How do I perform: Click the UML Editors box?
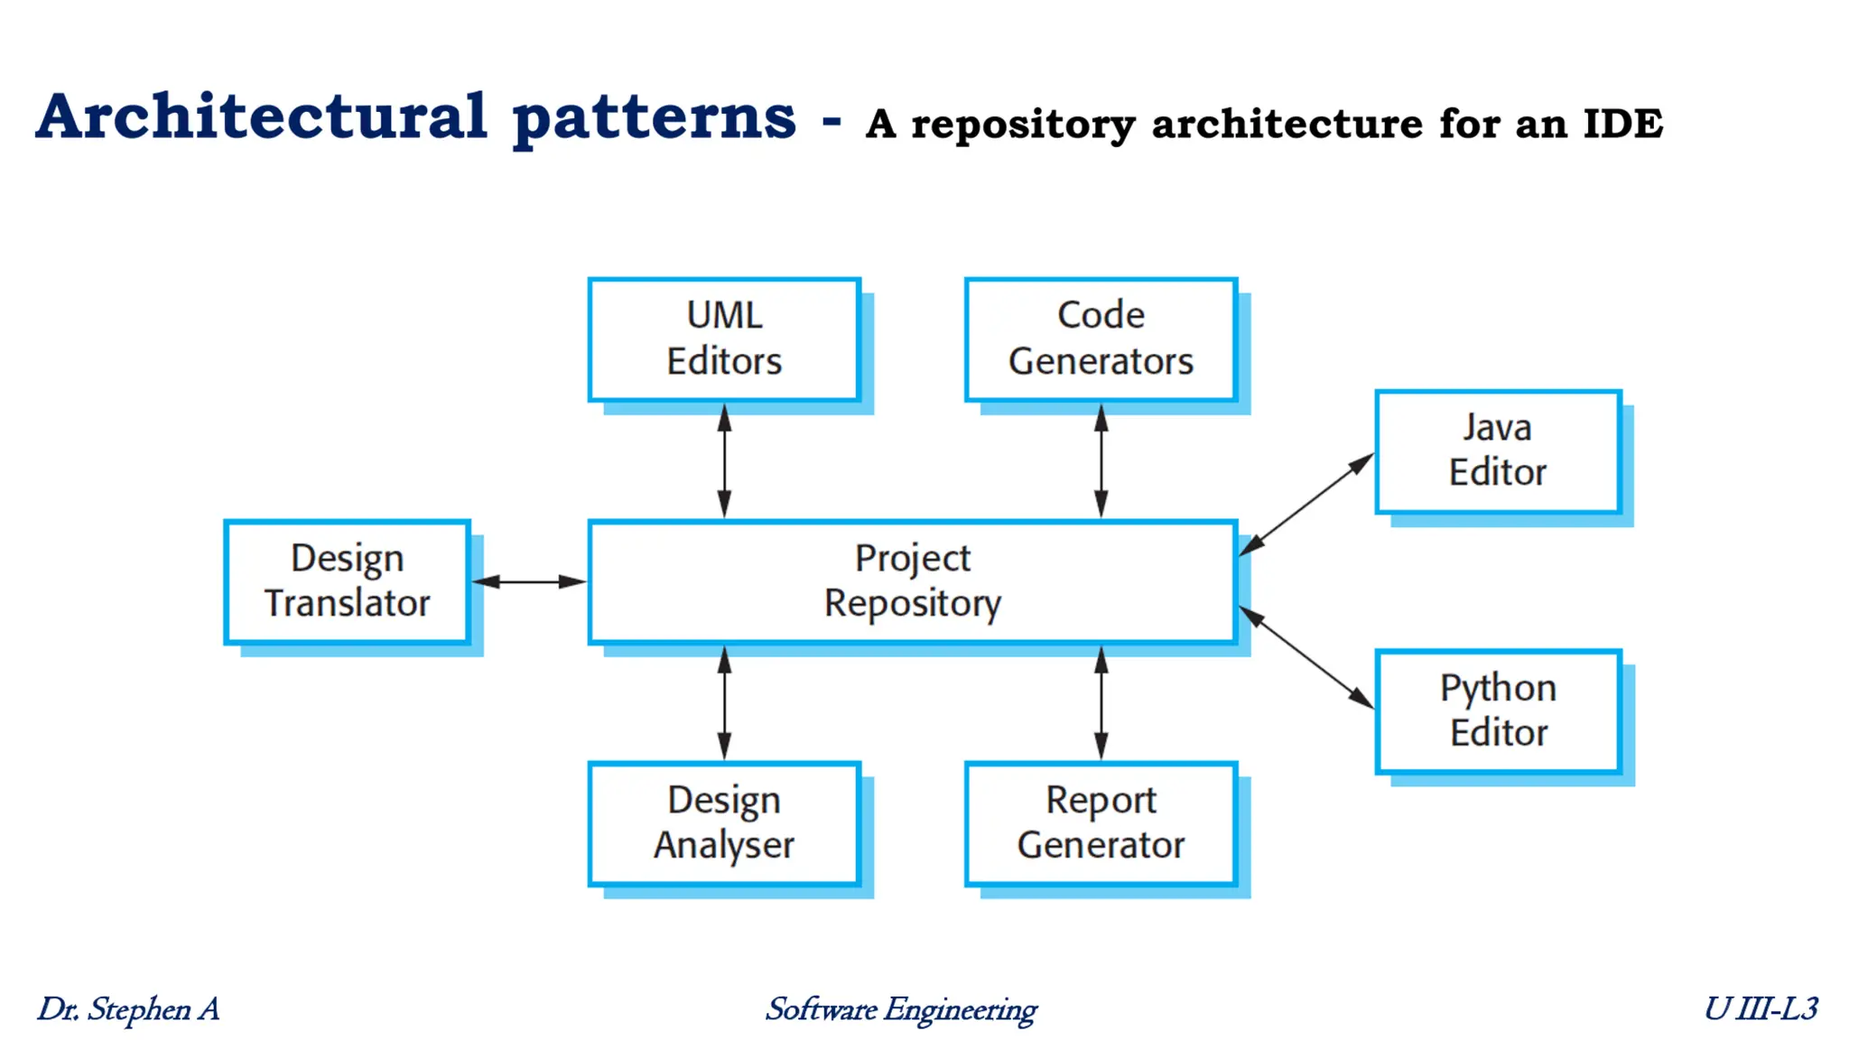723,339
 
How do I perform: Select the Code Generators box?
1100,339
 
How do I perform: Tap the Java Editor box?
1497,450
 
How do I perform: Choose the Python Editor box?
1498,710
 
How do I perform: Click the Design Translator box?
347,581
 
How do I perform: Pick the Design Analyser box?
723,823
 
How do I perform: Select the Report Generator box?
1100,823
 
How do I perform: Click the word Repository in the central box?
912,604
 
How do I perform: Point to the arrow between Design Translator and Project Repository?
529,581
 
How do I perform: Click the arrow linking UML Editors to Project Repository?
724,460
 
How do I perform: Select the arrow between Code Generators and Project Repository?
1101,460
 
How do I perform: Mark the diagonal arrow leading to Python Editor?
1305,657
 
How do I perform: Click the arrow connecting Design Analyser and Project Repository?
724,703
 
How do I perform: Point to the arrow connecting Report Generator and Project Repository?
1101,703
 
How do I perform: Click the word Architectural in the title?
262,117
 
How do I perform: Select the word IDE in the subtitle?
1622,124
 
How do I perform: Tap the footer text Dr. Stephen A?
128,1008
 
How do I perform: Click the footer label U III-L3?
1760,1008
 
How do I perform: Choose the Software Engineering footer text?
901,1009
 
